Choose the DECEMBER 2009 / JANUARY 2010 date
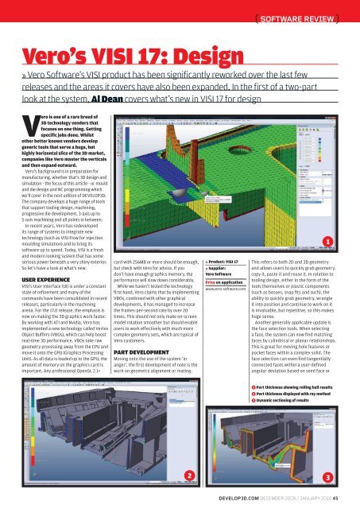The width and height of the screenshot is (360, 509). click(x=302, y=496)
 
